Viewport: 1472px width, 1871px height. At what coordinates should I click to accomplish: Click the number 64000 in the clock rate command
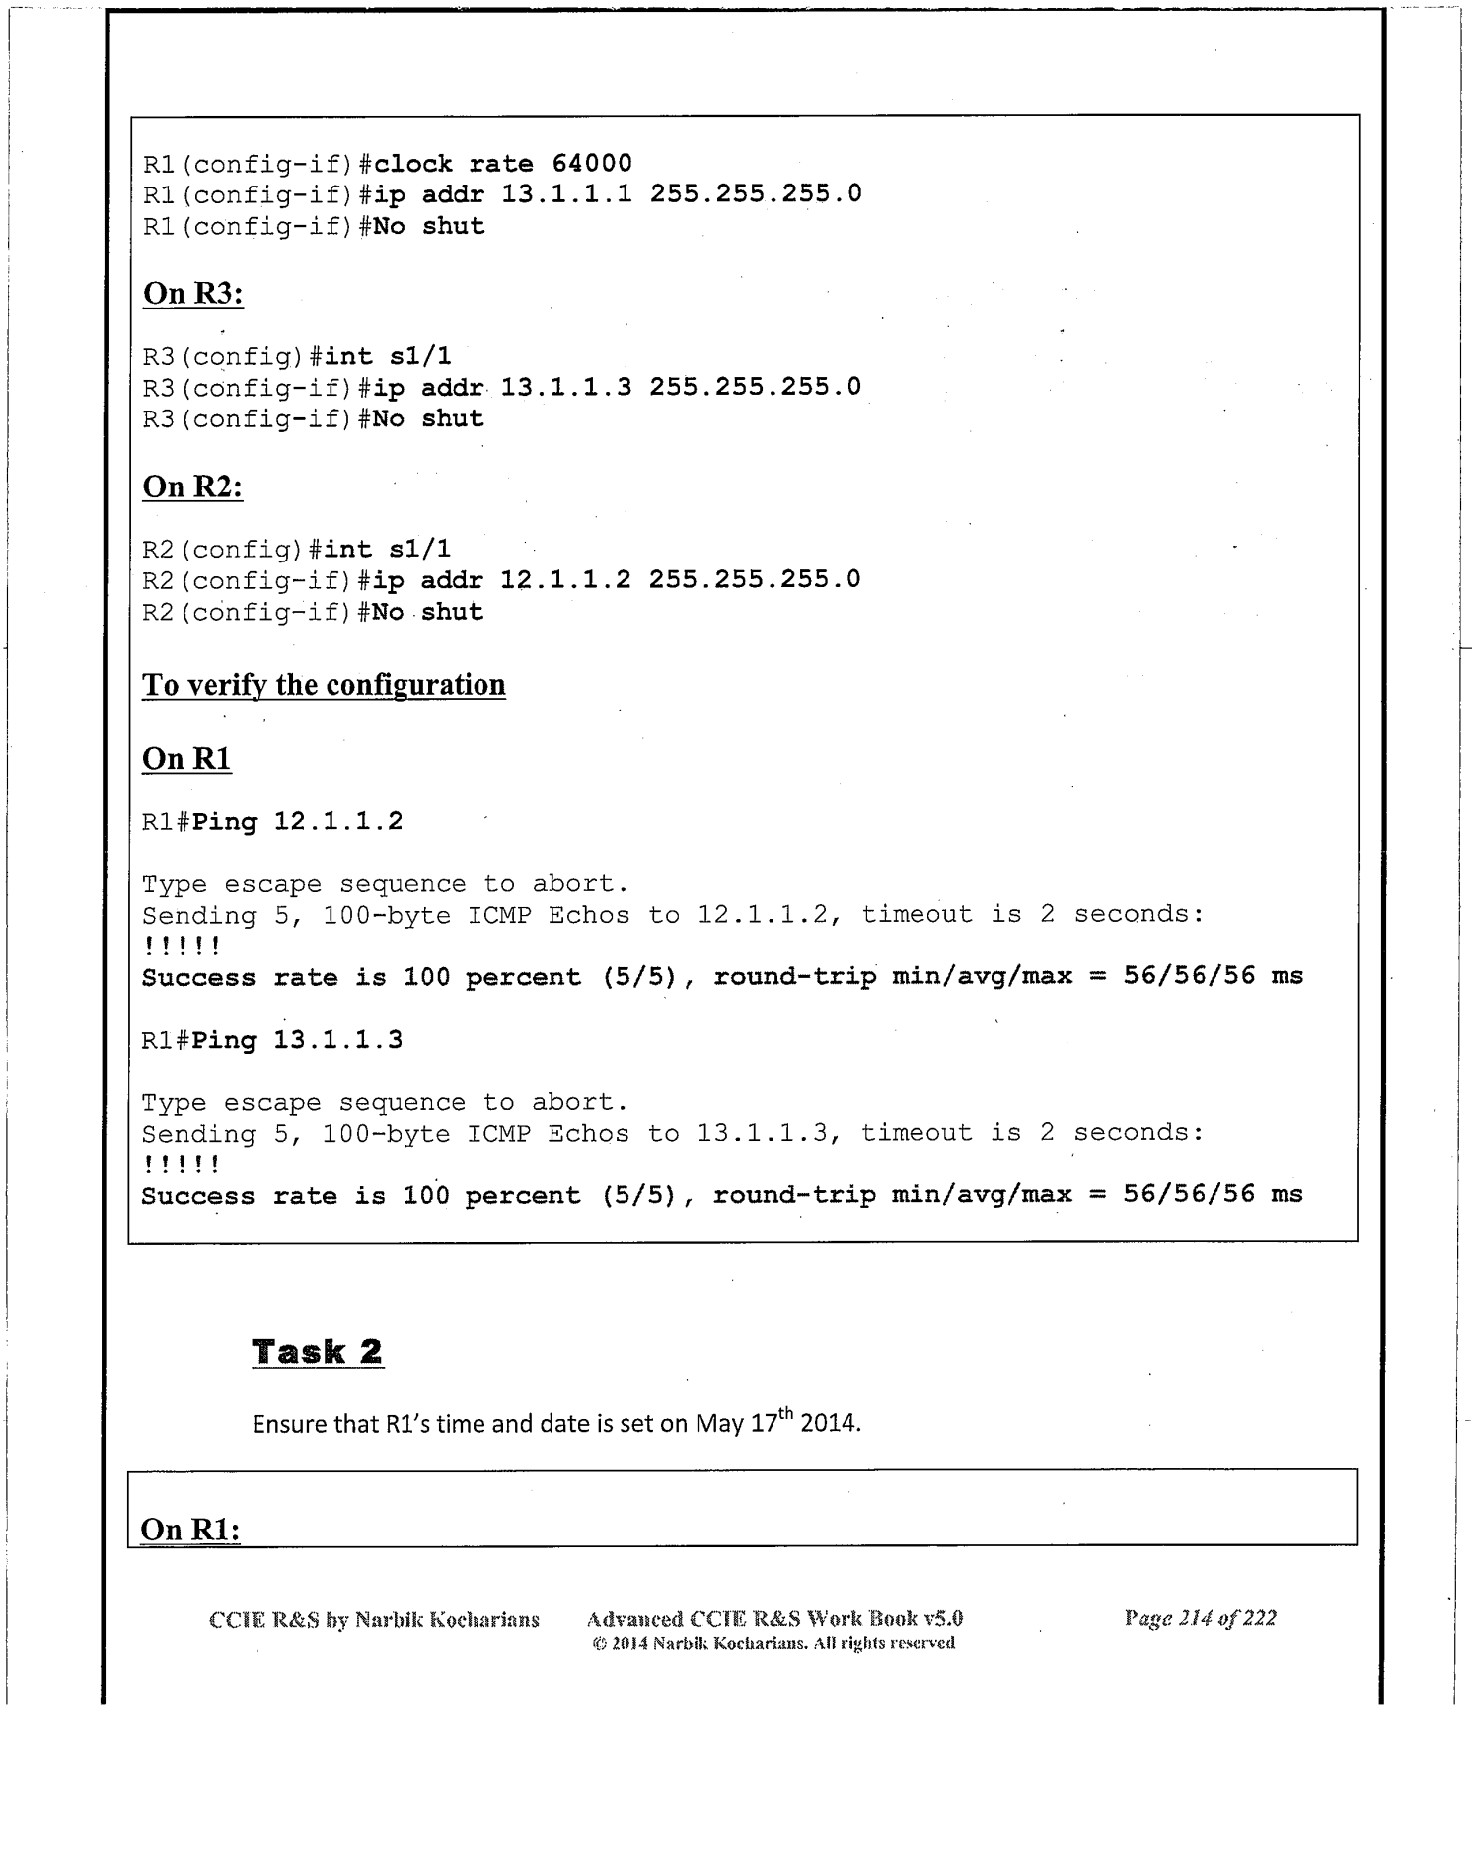click(592, 163)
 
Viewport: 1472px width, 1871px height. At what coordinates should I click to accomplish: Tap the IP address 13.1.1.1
click(566, 193)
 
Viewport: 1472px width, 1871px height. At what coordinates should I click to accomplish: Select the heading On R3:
click(193, 293)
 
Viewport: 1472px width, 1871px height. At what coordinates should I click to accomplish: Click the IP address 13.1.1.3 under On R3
click(566, 387)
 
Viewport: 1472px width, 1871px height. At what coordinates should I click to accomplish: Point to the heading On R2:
click(192, 486)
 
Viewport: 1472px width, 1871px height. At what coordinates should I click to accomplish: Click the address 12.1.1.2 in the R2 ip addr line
click(565, 579)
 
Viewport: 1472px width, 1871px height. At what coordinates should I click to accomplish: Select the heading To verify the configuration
click(324, 684)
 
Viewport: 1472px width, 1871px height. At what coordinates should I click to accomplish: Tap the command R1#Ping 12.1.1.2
click(272, 822)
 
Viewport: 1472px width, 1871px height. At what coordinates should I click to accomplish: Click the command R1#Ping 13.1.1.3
click(272, 1040)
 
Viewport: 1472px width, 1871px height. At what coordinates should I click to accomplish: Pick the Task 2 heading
click(317, 1351)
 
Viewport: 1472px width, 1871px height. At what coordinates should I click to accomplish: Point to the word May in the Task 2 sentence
click(718, 1424)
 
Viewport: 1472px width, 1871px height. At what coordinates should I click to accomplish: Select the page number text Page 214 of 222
click(1200, 1618)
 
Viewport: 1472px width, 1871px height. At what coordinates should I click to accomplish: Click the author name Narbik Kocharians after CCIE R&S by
click(447, 1619)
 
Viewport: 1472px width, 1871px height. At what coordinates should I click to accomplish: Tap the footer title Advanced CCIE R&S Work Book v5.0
click(774, 1618)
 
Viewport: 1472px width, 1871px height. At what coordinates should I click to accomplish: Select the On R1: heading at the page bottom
click(190, 1529)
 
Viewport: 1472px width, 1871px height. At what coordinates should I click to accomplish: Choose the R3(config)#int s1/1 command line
click(297, 356)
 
